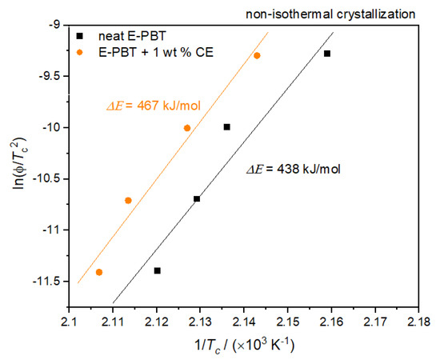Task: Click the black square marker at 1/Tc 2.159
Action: coord(327,54)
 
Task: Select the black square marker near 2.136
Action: coord(227,126)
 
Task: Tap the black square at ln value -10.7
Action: coord(197,198)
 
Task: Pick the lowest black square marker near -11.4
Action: coord(158,270)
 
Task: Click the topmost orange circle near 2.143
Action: coord(257,55)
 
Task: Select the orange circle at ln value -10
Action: coord(187,128)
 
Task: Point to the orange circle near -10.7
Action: coord(128,200)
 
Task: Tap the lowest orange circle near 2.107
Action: coord(99,272)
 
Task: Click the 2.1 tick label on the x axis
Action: coord(70,322)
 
